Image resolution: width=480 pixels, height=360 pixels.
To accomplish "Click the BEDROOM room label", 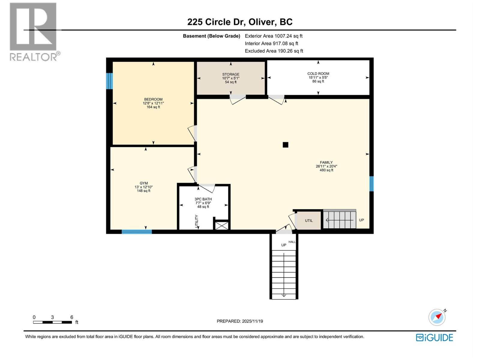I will click(153, 99).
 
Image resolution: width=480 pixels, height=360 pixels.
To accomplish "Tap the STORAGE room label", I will click(231, 74).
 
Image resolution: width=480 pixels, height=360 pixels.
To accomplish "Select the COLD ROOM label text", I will click(318, 73).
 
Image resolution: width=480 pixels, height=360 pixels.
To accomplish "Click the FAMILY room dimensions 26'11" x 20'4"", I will click(326, 166).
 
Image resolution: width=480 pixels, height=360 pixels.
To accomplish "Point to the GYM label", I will click(144, 183).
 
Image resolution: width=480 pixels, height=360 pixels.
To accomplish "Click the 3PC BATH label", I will click(203, 199).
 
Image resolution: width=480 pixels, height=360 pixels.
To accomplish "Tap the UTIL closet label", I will click(309, 220).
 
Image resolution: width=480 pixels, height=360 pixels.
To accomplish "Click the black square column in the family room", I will click(286, 145).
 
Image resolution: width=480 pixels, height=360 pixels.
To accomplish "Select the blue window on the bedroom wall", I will click(109, 81).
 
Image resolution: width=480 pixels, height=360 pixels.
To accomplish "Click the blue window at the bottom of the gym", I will click(137, 232).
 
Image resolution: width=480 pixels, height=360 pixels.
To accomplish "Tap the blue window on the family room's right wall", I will click(371, 184).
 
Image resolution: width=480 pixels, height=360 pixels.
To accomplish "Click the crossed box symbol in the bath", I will click(222, 225).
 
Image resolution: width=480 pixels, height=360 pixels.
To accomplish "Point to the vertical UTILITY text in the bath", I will click(197, 221).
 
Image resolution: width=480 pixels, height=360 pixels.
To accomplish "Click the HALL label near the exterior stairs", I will click(292, 242).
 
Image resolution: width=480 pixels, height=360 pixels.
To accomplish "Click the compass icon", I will click(437, 317).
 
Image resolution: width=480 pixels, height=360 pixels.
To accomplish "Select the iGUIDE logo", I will click(434, 337).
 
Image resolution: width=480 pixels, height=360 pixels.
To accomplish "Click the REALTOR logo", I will click(33, 31).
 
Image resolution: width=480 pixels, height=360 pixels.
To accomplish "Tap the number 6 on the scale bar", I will click(72, 317).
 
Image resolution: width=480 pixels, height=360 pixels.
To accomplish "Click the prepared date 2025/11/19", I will click(252, 321).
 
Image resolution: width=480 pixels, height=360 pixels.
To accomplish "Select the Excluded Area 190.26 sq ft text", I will click(274, 51).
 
